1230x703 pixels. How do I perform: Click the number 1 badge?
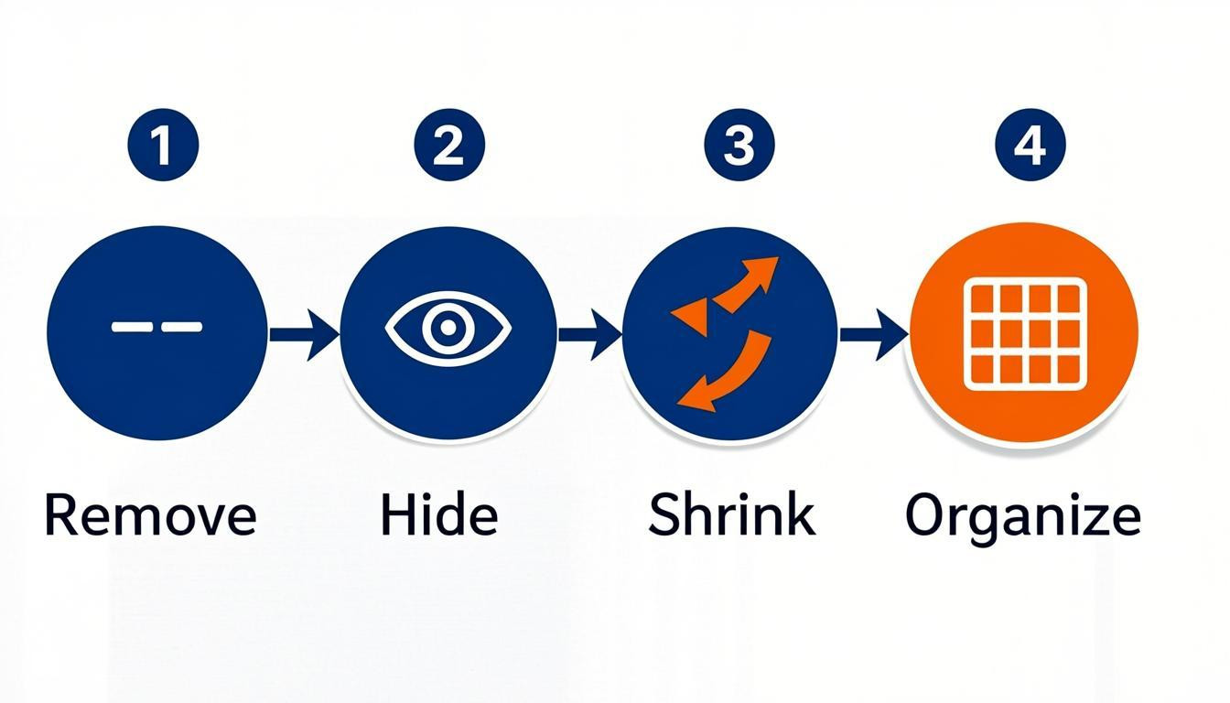click(x=163, y=145)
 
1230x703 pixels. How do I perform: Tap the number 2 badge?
click(x=449, y=145)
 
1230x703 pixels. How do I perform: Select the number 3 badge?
click(x=739, y=145)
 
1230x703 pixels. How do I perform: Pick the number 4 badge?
click(x=1030, y=145)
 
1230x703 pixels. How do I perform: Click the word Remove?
click(x=150, y=514)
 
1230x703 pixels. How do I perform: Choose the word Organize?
click(x=1023, y=519)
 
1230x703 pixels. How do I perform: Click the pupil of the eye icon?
click(x=448, y=328)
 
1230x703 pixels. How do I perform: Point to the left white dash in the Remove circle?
click(x=133, y=327)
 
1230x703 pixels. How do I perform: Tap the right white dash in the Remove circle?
click(x=182, y=327)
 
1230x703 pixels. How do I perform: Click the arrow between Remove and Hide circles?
click(x=304, y=334)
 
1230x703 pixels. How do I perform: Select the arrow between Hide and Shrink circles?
click(x=589, y=334)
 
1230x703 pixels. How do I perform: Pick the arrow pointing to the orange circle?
click(x=874, y=334)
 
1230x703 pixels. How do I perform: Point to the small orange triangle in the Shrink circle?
click(x=691, y=317)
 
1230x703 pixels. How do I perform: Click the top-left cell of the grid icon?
click(x=982, y=298)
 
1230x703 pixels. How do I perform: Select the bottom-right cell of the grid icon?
click(x=1069, y=369)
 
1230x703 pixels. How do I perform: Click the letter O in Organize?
click(x=924, y=514)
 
